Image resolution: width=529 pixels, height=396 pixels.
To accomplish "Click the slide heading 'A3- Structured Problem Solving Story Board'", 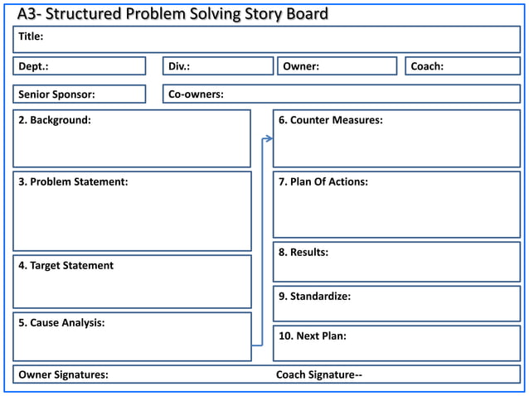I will pyautogui.click(x=172, y=13).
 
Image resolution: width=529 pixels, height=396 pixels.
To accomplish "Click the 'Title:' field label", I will pyautogui.click(x=32, y=36).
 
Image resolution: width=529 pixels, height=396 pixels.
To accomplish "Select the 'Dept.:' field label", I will pyautogui.click(x=34, y=66).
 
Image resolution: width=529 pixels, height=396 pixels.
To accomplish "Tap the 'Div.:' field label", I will pyautogui.click(x=179, y=66).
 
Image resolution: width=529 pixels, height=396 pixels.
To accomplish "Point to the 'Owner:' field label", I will pyautogui.click(x=301, y=66).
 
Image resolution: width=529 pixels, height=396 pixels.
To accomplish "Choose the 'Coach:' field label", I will pyautogui.click(x=427, y=66).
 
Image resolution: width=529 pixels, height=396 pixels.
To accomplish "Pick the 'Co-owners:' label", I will pyautogui.click(x=196, y=94).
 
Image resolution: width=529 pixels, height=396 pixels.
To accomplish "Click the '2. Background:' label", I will pyautogui.click(x=55, y=120).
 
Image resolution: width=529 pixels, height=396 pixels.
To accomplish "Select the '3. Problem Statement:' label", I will pyautogui.click(x=73, y=181).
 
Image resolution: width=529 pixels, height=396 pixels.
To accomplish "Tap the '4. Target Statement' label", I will pyautogui.click(x=66, y=265).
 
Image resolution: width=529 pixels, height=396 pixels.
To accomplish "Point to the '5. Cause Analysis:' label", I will pyautogui.click(x=61, y=322).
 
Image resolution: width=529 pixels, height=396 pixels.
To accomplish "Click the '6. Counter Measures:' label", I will pyautogui.click(x=330, y=120).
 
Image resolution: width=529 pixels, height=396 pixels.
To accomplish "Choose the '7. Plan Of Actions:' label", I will pyautogui.click(x=323, y=181).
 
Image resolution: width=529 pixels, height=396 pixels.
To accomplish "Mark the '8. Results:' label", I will pyautogui.click(x=303, y=252).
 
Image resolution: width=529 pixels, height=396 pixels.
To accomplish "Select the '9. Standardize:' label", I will pyautogui.click(x=314, y=296).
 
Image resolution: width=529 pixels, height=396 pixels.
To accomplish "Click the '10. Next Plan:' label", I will pyautogui.click(x=313, y=336).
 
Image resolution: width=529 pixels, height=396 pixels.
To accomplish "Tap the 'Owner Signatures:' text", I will pyautogui.click(x=63, y=374).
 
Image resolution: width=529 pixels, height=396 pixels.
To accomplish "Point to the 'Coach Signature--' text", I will pyautogui.click(x=319, y=374).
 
